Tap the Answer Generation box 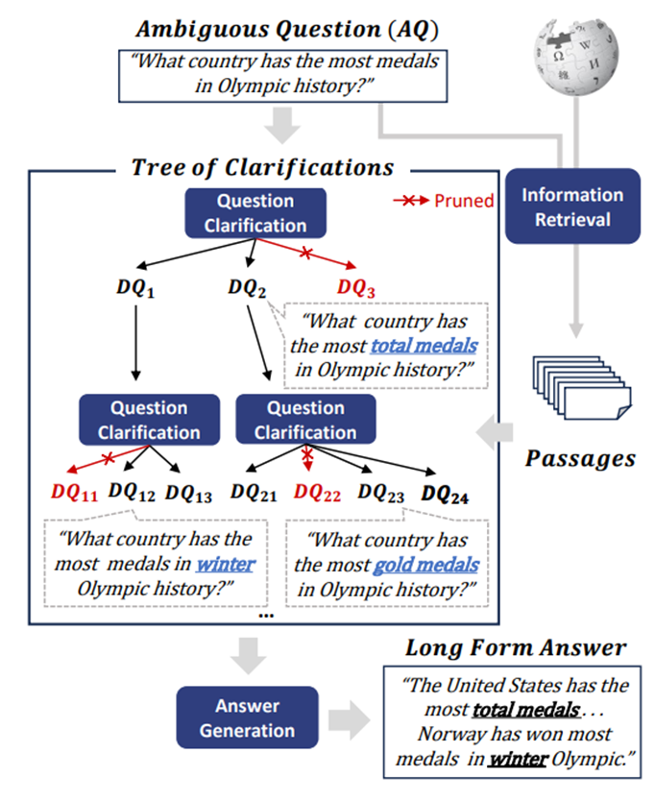click(247, 718)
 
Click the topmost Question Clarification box click(255, 213)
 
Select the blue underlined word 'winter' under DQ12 click(227, 564)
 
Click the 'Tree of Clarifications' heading click(261, 167)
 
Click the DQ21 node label click(255, 493)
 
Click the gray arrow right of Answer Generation click(350, 719)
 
